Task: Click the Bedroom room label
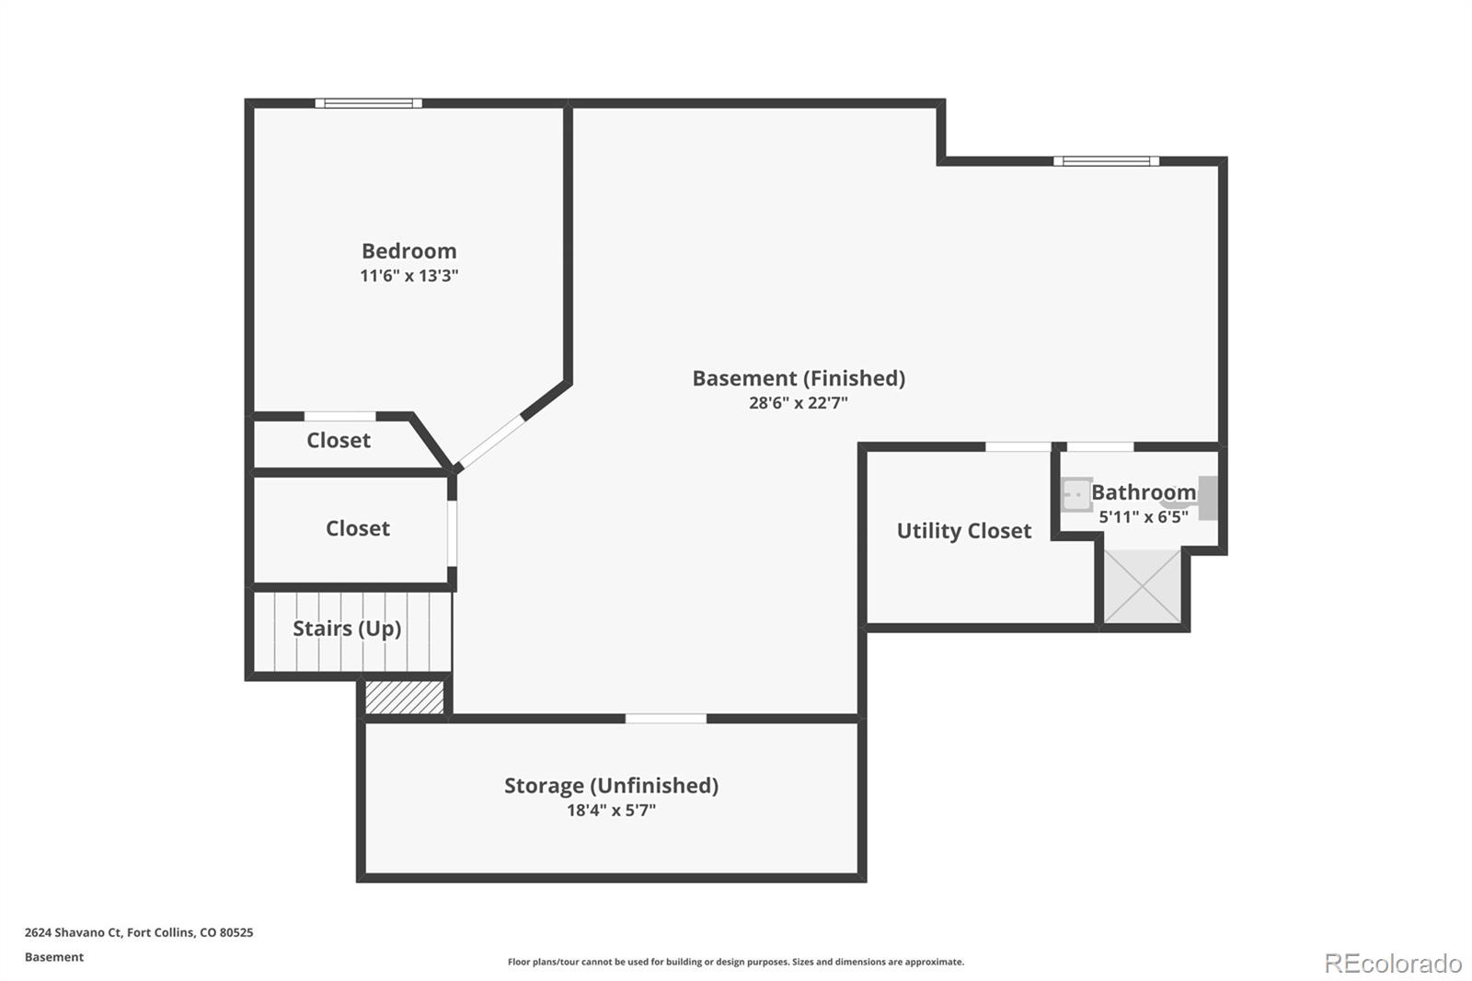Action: pos(408,250)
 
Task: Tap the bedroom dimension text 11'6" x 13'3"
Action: pos(408,275)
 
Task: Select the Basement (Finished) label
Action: pos(799,378)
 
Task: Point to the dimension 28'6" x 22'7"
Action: pos(799,402)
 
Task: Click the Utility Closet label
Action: pos(964,531)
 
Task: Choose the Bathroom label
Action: pos(1144,491)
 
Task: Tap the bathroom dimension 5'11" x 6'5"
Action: pos(1144,517)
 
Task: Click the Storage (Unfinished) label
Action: pos(611,785)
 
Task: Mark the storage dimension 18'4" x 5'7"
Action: pos(611,810)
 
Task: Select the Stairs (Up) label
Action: pos(347,629)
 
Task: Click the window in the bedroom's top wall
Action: pos(369,103)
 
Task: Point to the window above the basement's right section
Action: pos(1107,161)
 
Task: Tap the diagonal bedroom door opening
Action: pos(491,442)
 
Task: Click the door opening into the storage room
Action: pos(666,719)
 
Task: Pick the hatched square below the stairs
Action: pos(404,697)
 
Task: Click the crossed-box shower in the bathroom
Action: pos(1142,586)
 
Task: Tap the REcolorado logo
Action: pos(1393,964)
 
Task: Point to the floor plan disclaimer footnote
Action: pos(735,962)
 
